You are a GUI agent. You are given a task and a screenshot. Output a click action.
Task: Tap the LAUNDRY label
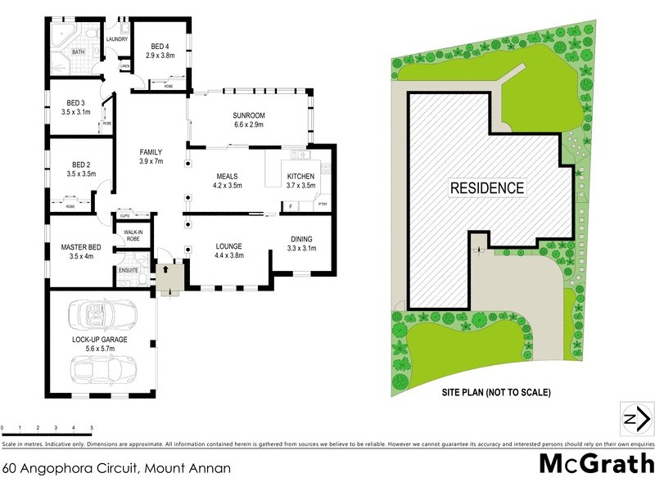click(117, 39)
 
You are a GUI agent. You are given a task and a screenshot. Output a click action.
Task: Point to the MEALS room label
click(227, 176)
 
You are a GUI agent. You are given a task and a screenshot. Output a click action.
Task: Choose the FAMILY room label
click(151, 151)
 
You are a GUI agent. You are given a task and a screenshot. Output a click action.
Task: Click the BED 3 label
click(75, 102)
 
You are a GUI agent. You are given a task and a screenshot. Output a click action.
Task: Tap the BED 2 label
click(75, 164)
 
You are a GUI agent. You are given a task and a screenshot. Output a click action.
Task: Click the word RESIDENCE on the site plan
click(487, 187)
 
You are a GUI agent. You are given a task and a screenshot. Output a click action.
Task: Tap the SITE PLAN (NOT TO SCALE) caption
click(497, 392)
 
